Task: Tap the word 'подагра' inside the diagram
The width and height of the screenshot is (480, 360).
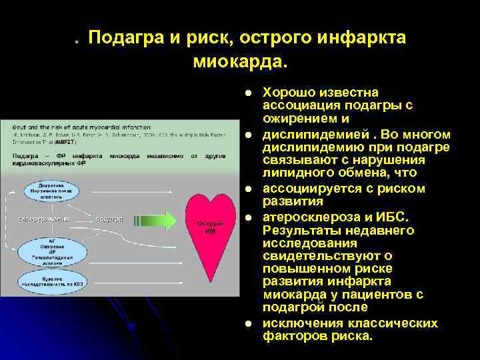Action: (109, 219)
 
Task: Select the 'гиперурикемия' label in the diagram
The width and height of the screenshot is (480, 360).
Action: (45, 219)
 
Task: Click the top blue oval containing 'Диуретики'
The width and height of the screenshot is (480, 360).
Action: (51, 191)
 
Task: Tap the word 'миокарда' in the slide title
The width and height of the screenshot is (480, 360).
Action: (237, 62)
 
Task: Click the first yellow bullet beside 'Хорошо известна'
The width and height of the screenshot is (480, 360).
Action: (247, 92)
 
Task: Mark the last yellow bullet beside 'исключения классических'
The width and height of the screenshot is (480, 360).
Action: (247, 323)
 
